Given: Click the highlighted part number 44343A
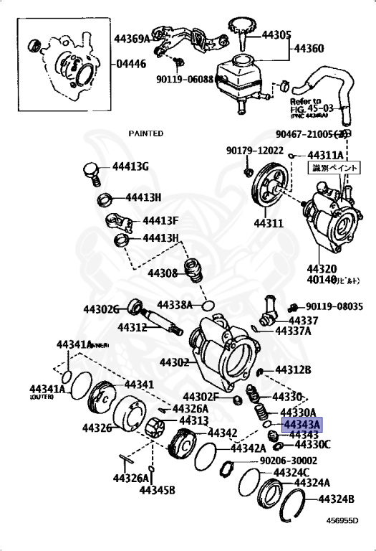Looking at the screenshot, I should click(302, 424).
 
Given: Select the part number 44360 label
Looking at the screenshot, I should click(310, 50).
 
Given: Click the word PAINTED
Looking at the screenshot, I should click(146, 133).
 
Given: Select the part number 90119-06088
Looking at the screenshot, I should click(185, 80).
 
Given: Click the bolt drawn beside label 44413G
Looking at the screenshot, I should click(90, 172).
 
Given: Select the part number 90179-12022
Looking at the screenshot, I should click(255, 151).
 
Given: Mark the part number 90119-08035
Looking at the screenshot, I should click(334, 306).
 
